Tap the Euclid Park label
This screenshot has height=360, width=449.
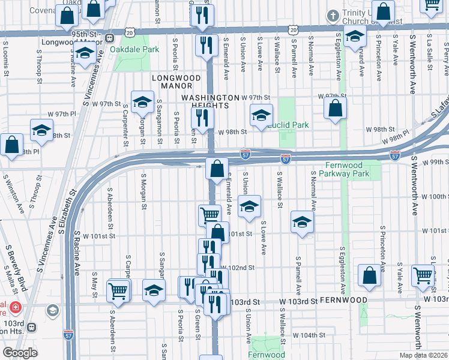pyautogui.click(x=289, y=125)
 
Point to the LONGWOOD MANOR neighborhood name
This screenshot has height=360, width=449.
pyautogui.click(x=176, y=82)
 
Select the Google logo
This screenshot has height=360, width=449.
pyautogui.click(x=20, y=353)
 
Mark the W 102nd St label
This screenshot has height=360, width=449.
pyautogui.click(x=238, y=268)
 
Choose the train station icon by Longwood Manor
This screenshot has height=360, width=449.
pyautogui.click(x=110, y=38)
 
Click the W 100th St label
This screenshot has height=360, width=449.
pyautogui.click(x=432, y=196)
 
